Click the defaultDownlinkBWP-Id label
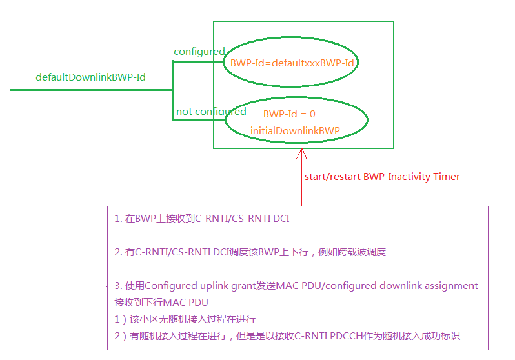click(90, 77)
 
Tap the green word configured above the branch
click(199, 52)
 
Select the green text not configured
click(211, 112)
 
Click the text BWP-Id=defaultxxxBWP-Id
click(292, 63)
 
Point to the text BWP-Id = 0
click(289, 114)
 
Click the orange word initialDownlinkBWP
click(295, 130)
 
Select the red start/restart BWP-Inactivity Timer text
click(382, 176)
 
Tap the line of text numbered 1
click(201, 219)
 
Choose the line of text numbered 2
click(250, 252)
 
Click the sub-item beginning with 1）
click(185, 319)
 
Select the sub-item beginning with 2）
click(287, 335)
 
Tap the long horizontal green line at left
click(90, 90)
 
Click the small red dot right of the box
click(429, 150)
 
